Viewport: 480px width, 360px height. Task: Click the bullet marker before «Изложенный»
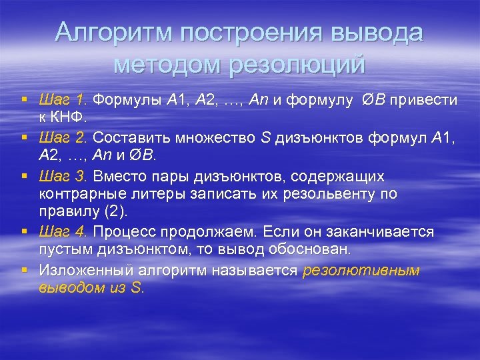coord(24,270)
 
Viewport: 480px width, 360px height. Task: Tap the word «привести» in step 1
coord(423,100)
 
